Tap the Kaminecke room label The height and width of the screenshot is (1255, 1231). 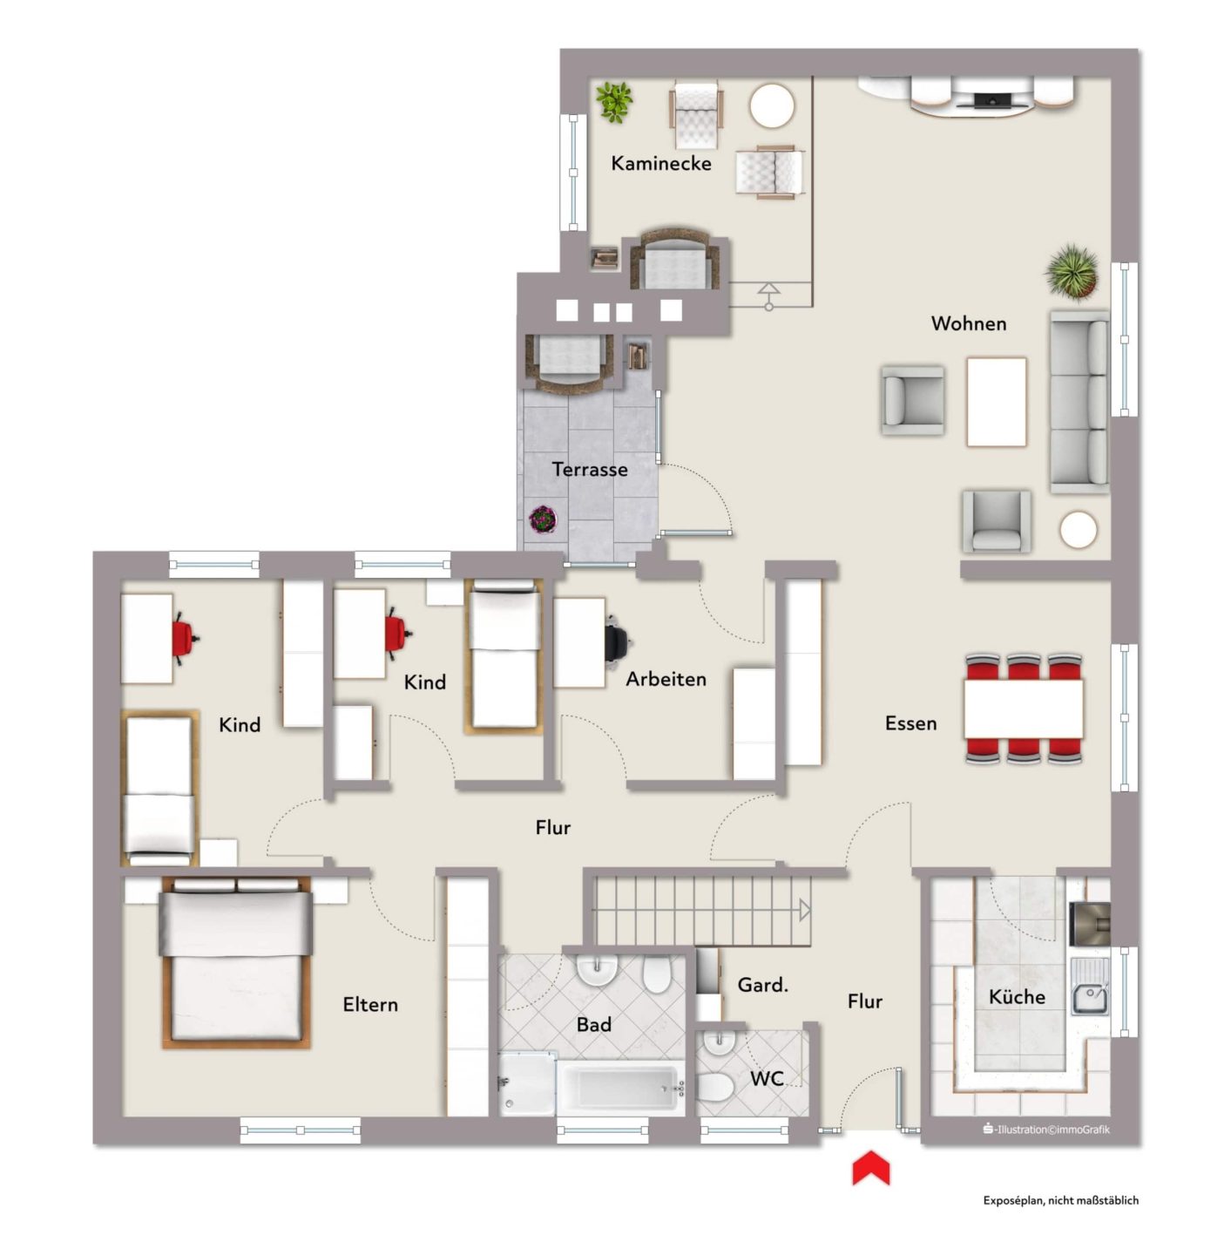point(660,164)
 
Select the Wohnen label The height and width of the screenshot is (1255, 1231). point(969,323)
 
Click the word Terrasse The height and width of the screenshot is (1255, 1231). point(590,470)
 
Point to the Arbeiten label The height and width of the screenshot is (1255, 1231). point(666,679)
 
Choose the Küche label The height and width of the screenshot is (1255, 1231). point(1017,996)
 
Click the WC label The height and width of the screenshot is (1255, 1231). point(767,1079)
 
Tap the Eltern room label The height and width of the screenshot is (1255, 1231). point(370,1004)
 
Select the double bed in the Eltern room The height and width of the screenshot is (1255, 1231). point(236,962)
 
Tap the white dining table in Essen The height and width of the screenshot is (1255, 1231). point(1024,709)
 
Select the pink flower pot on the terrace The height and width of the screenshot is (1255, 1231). point(542,519)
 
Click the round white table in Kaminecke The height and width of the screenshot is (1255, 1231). point(771,106)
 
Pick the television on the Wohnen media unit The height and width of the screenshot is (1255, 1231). point(991,100)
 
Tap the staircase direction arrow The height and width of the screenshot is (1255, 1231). point(805,911)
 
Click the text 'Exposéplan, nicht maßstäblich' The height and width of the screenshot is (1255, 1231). point(1060,1200)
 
